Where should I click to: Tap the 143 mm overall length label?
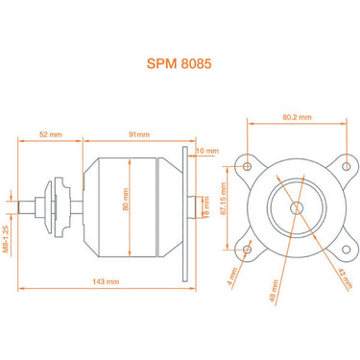pyautogui.click(x=103, y=282)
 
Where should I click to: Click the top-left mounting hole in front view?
pyautogui.click(x=249, y=165)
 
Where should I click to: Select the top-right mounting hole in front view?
pyautogui.click(x=342, y=165)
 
